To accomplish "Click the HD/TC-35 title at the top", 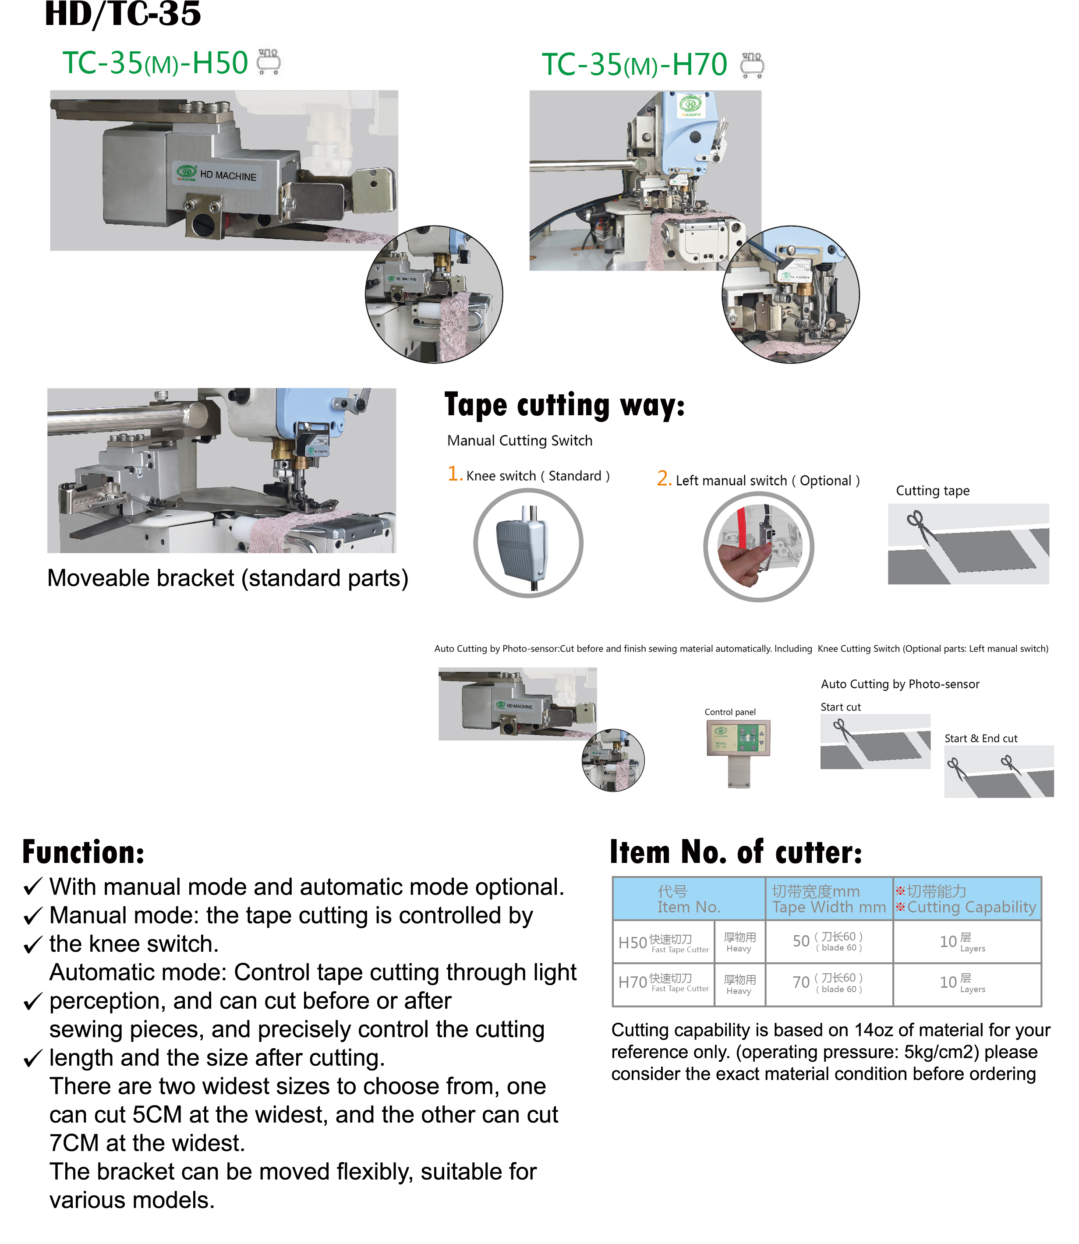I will tap(123, 14).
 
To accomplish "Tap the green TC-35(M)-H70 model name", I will tap(634, 65).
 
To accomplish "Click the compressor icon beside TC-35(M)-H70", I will tap(752, 65).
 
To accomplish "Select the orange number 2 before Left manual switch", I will tap(664, 479).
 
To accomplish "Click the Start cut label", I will tap(841, 707).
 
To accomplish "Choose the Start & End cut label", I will tap(981, 738).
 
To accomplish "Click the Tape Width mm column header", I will tap(828, 899).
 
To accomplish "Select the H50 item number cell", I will tap(632, 942).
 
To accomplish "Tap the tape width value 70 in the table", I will tap(801, 982).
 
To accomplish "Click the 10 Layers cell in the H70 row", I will tap(962, 982).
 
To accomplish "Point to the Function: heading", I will tap(83, 852).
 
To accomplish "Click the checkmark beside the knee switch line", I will tap(32, 945).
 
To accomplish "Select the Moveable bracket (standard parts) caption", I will tap(228, 578).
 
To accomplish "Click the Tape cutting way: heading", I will tap(564, 405).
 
